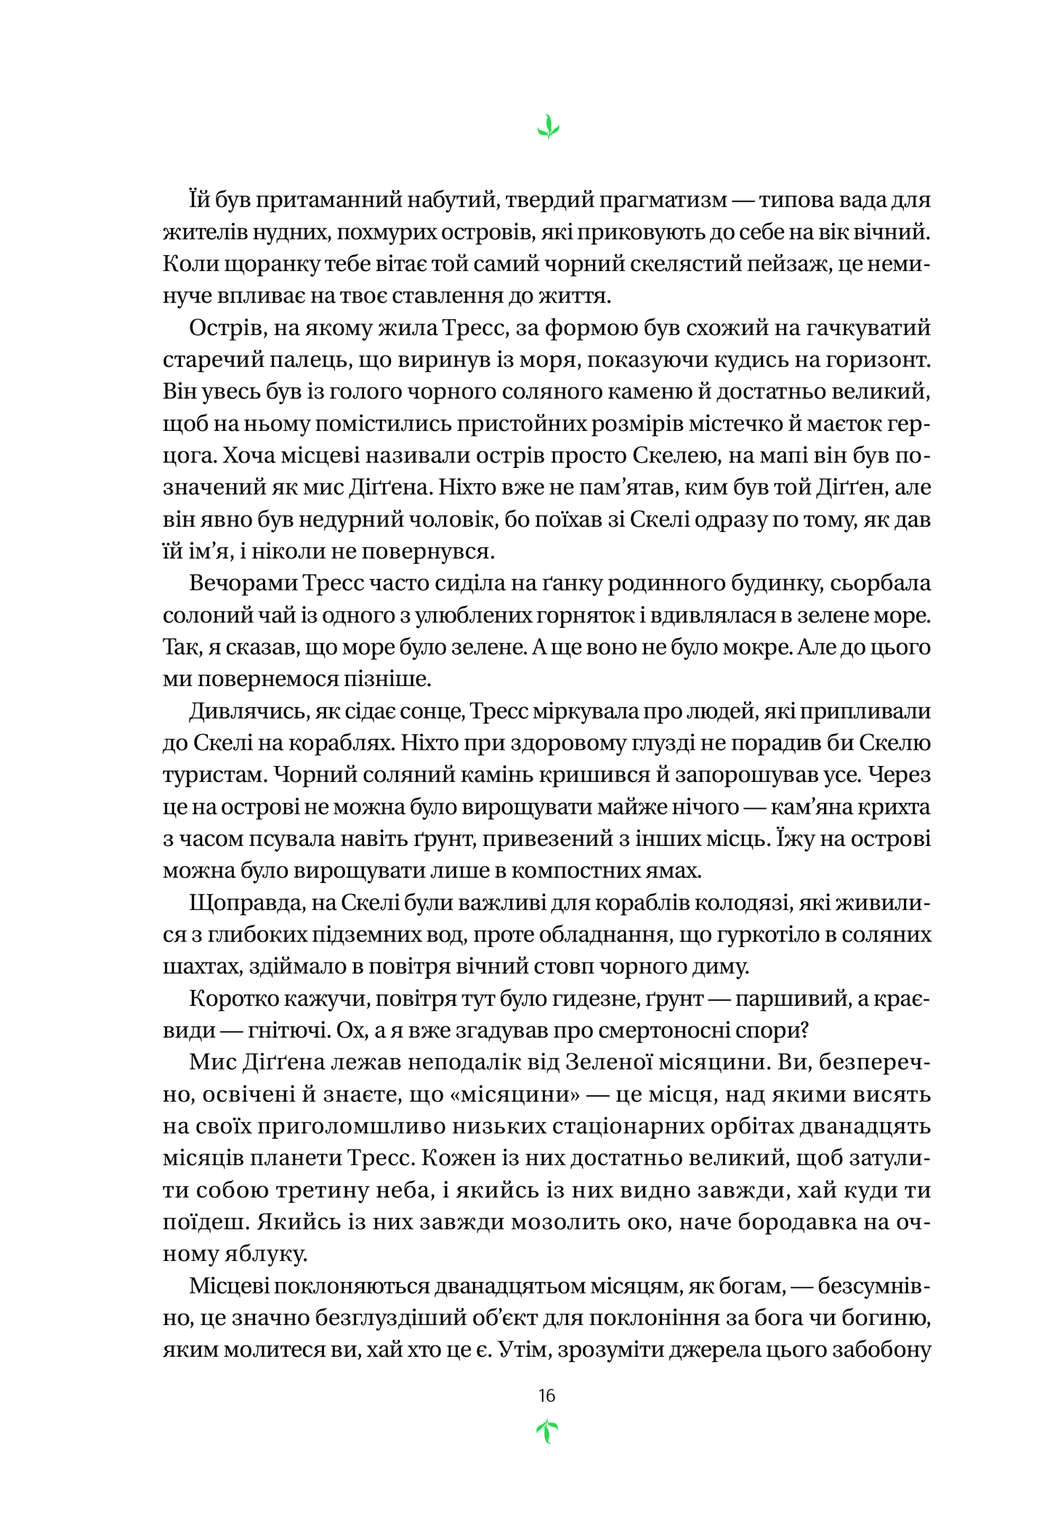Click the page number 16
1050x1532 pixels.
coord(546,1395)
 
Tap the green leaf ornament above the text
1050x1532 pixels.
coord(548,128)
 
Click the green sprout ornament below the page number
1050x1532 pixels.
coord(546,1432)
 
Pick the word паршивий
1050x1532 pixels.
coord(793,999)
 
